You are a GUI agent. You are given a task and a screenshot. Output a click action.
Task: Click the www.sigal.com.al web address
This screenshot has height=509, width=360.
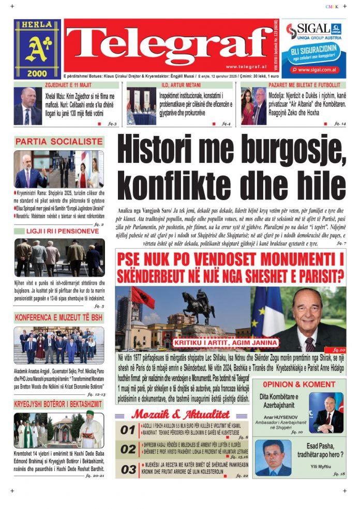(318, 69)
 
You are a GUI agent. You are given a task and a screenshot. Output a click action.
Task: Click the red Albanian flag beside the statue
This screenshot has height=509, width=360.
(142, 298)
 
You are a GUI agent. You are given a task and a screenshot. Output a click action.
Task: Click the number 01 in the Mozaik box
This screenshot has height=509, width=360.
(128, 429)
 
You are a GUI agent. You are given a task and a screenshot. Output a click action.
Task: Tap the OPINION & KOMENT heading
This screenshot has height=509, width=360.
(298, 384)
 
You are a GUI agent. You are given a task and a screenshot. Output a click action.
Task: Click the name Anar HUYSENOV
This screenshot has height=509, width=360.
(282, 418)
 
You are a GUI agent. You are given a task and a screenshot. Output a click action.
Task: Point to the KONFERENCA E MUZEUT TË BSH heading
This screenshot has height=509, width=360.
(58, 317)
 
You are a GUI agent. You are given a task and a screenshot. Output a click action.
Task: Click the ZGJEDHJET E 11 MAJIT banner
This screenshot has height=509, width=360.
(68, 85)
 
